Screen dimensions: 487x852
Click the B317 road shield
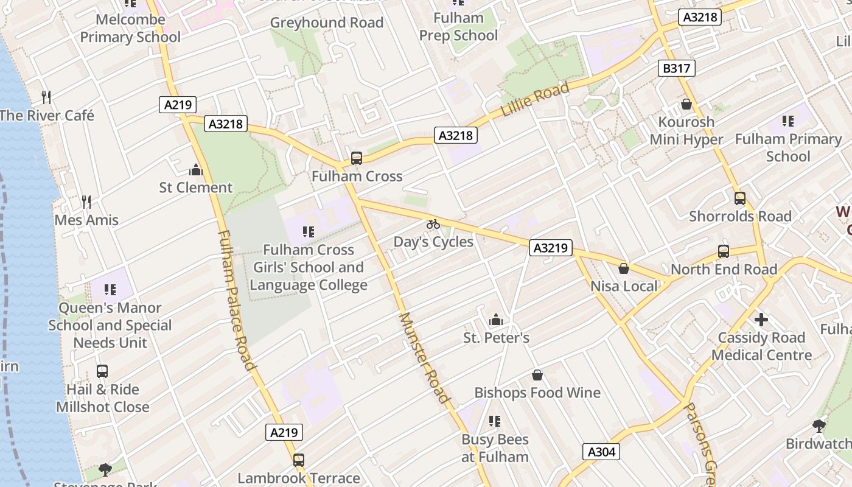(676, 68)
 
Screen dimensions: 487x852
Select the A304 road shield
(602, 452)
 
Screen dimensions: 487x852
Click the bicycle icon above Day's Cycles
(433, 224)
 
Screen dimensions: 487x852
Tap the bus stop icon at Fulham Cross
(357, 158)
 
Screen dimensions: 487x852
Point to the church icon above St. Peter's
(496, 320)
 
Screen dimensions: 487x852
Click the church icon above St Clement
(195, 169)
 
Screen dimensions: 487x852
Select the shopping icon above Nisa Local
(624, 268)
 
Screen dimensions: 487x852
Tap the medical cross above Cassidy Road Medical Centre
(761, 320)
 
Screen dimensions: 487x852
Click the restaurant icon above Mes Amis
(86, 201)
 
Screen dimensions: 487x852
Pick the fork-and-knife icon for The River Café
(46, 97)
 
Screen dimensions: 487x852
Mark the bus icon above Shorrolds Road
(740, 198)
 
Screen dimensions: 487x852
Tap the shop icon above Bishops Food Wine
(537, 375)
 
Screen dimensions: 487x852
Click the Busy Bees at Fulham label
(495, 448)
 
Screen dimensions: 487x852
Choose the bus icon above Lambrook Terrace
(298, 460)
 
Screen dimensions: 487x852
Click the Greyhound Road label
(326, 23)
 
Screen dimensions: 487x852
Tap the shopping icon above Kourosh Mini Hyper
(686, 104)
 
